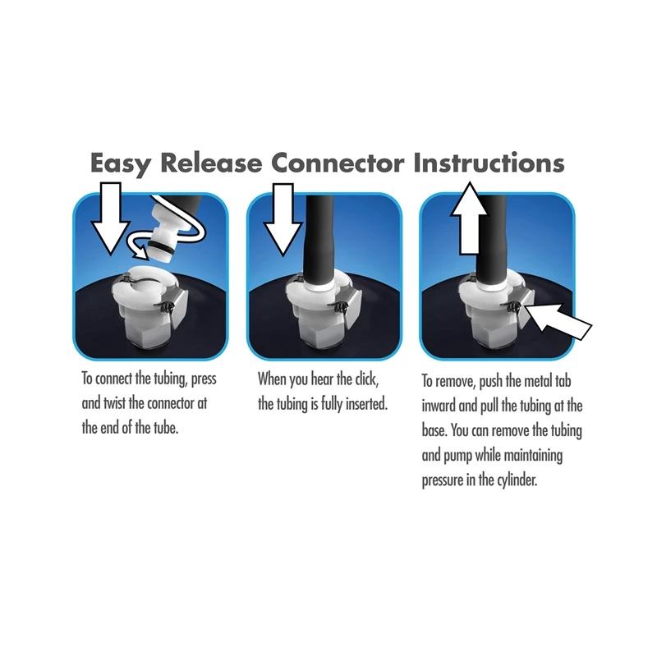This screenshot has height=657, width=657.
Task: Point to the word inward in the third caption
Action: click(x=443, y=406)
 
